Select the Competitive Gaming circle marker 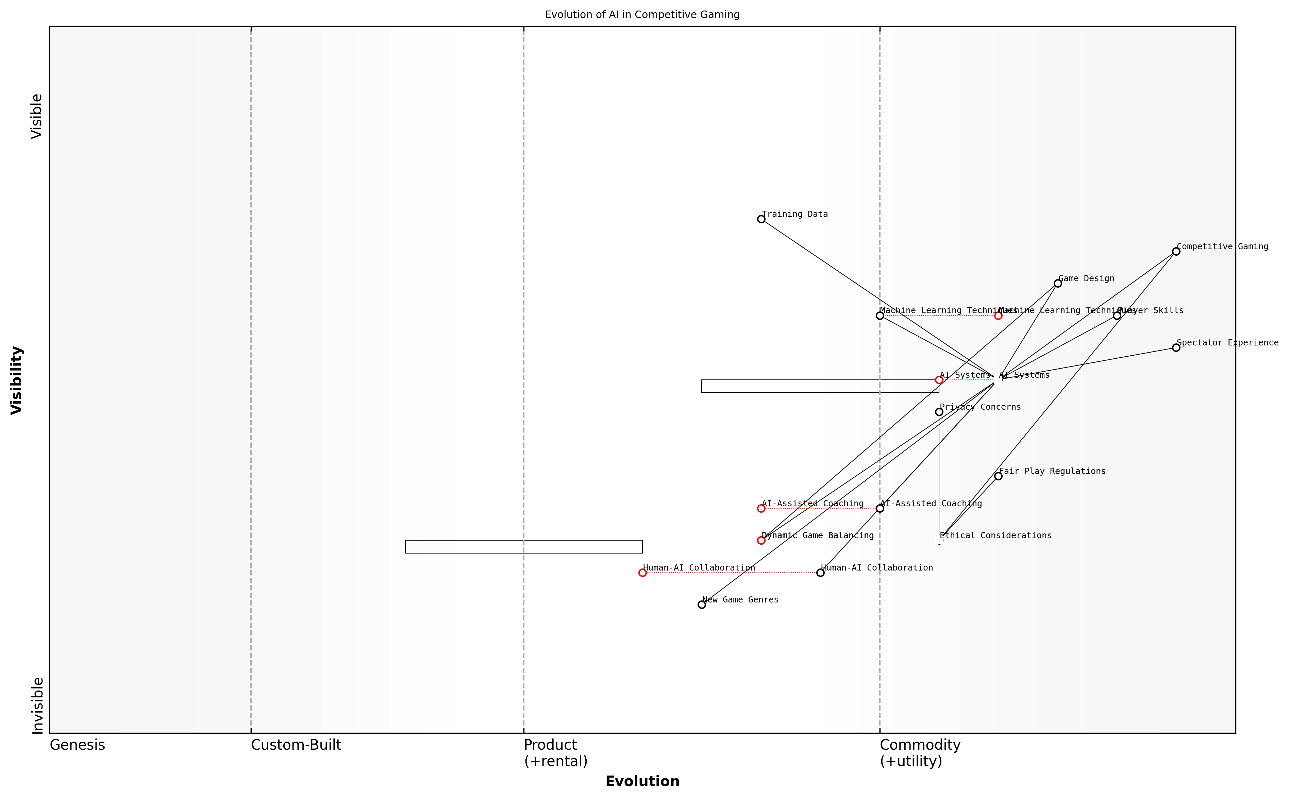point(1176,252)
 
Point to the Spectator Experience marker point(1176,348)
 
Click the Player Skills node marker point(1117,316)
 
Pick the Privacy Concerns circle point(939,412)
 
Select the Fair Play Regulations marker point(998,476)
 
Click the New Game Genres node point(702,605)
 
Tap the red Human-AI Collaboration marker point(643,573)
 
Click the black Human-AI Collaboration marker point(820,573)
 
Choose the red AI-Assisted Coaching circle point(761,508)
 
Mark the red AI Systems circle point(939,380)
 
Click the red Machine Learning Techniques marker point(998,316)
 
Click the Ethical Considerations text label point(996,535)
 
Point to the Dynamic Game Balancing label point(818,535)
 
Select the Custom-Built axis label point(296,745)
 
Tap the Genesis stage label point(77,745)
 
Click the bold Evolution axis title point(642,781)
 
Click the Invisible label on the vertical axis point(37,705)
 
